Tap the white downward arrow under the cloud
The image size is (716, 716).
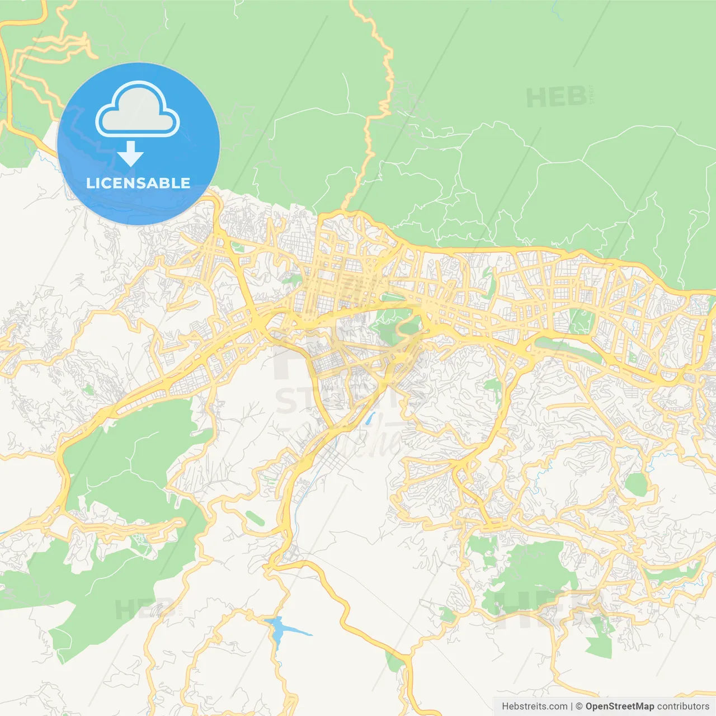[130, 153]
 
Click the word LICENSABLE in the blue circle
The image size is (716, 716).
[138, 183]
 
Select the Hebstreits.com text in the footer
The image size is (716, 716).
[534, 706]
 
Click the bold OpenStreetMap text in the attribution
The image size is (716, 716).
[619, 706]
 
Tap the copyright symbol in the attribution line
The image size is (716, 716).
[579, 706]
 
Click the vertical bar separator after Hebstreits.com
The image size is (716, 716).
[572, 706]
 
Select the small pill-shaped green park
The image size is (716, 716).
[255, 519]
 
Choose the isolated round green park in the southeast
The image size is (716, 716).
[636, 484]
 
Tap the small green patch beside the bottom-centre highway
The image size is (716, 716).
[394, 662]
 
